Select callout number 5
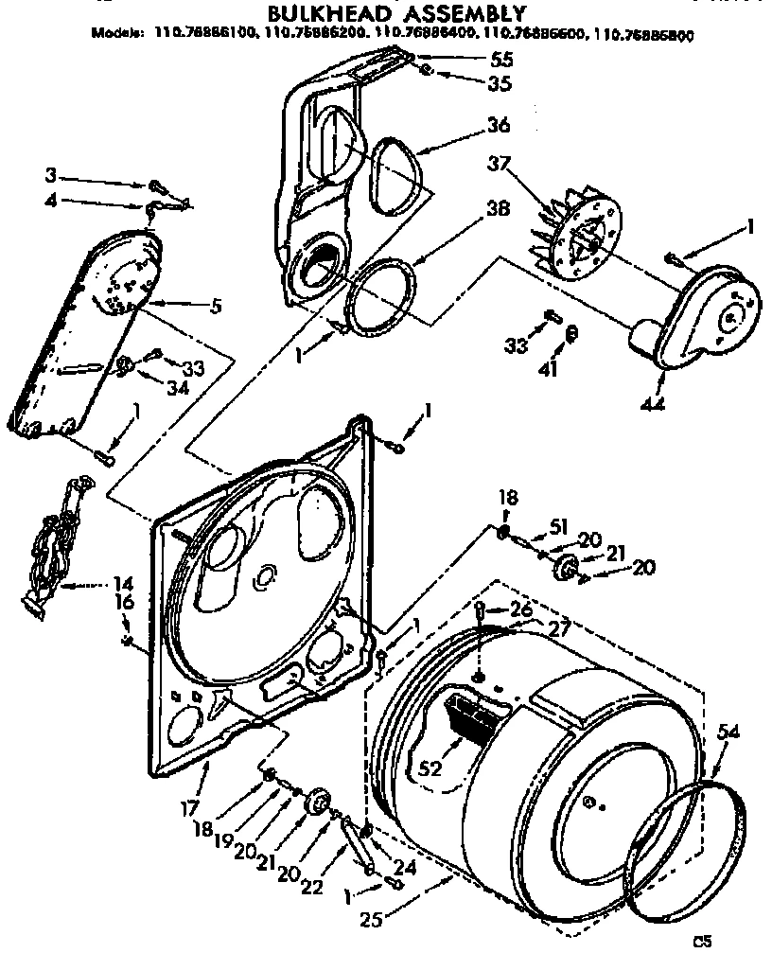pyautogui.click(x=218, y=305)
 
